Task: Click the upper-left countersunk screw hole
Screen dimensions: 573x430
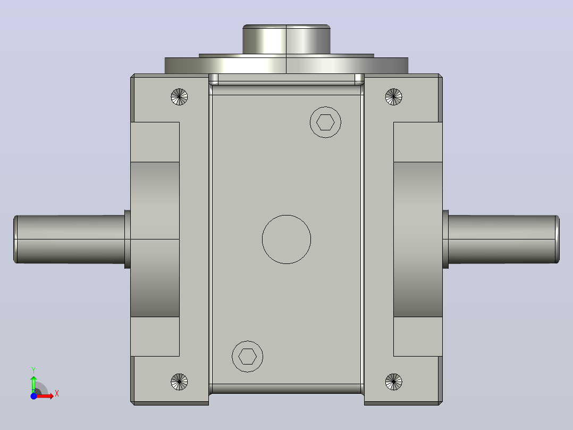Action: (x=179, y=97)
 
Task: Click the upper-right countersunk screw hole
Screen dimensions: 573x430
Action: (x=393, y=97)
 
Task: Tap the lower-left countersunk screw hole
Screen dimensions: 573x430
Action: (x=179, y=382)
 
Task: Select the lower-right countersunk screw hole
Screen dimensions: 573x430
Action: (x=393, y=382)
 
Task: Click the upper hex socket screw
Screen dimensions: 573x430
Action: (x=325, y=122)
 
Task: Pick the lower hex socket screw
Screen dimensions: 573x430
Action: (x=247, y=357)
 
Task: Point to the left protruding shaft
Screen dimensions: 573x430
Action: (x=70, y=239)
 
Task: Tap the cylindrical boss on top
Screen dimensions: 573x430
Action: (x=286, y=39)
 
